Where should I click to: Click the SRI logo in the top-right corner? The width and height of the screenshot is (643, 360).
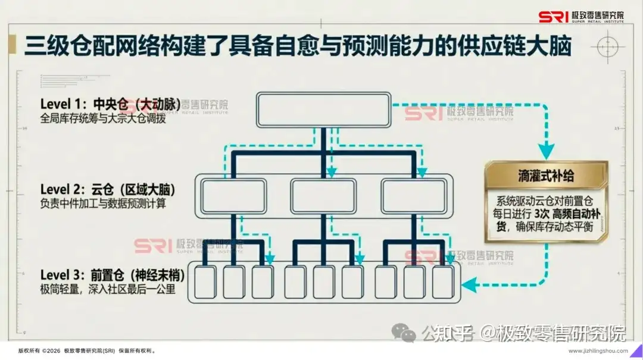click(581, 17)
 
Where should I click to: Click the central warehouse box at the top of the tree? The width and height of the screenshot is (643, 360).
click(324, 109)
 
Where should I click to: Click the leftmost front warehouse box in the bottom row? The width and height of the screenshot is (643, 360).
click(205, 281)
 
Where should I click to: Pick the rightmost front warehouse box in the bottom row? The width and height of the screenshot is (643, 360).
click(444, 281)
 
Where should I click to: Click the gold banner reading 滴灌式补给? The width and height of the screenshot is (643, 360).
click(546, 176)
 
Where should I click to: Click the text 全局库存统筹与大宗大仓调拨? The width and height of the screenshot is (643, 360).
click(102, 118)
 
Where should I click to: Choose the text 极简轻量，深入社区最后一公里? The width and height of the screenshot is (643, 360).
click(107, 289)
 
